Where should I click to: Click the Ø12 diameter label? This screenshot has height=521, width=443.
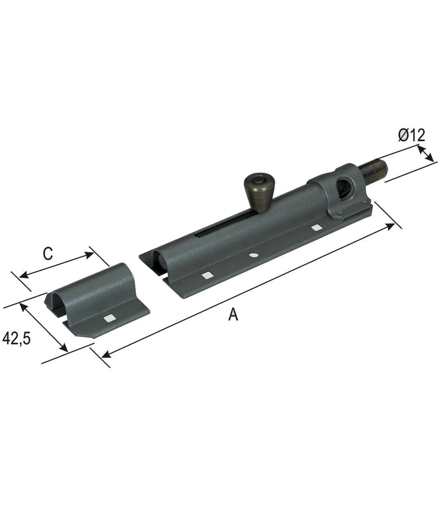pos(411,135)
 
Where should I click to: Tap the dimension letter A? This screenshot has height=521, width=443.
pos(233,315)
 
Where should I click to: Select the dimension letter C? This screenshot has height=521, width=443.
pos(48,253)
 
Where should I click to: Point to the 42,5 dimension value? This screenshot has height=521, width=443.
pos(16,338)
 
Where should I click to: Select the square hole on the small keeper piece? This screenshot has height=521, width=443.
pos(110,318)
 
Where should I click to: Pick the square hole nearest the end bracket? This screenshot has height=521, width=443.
pos(317,228)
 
